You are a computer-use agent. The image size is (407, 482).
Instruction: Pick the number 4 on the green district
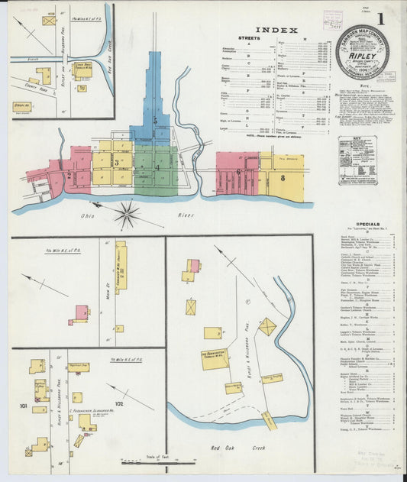coord(158,167)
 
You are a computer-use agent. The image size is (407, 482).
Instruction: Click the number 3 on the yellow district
coord(116,162)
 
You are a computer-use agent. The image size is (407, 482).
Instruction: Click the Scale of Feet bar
coord(159,461)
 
